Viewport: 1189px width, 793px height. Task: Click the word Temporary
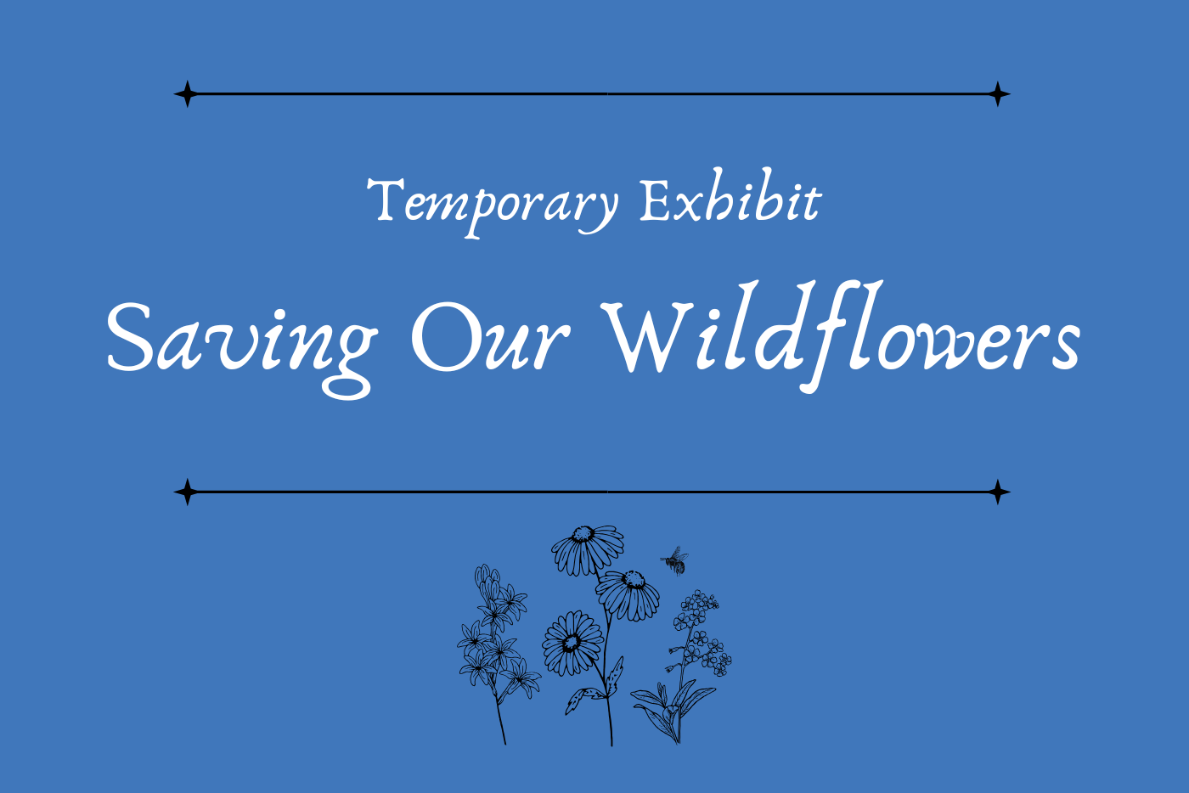pos(493,206)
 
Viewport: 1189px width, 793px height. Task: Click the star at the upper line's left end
pos(187,94)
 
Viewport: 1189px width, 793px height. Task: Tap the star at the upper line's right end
pos(998,94)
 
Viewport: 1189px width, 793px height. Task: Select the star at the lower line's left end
pos(187,492)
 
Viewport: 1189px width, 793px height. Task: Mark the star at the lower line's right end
pos(998,492)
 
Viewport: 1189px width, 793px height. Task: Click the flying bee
pos(675,561)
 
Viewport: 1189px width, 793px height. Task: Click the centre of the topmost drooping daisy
pos(583,533)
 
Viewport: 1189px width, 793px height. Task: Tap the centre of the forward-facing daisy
pos(572,643)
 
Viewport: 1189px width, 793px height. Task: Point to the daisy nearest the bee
pos(628,595)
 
